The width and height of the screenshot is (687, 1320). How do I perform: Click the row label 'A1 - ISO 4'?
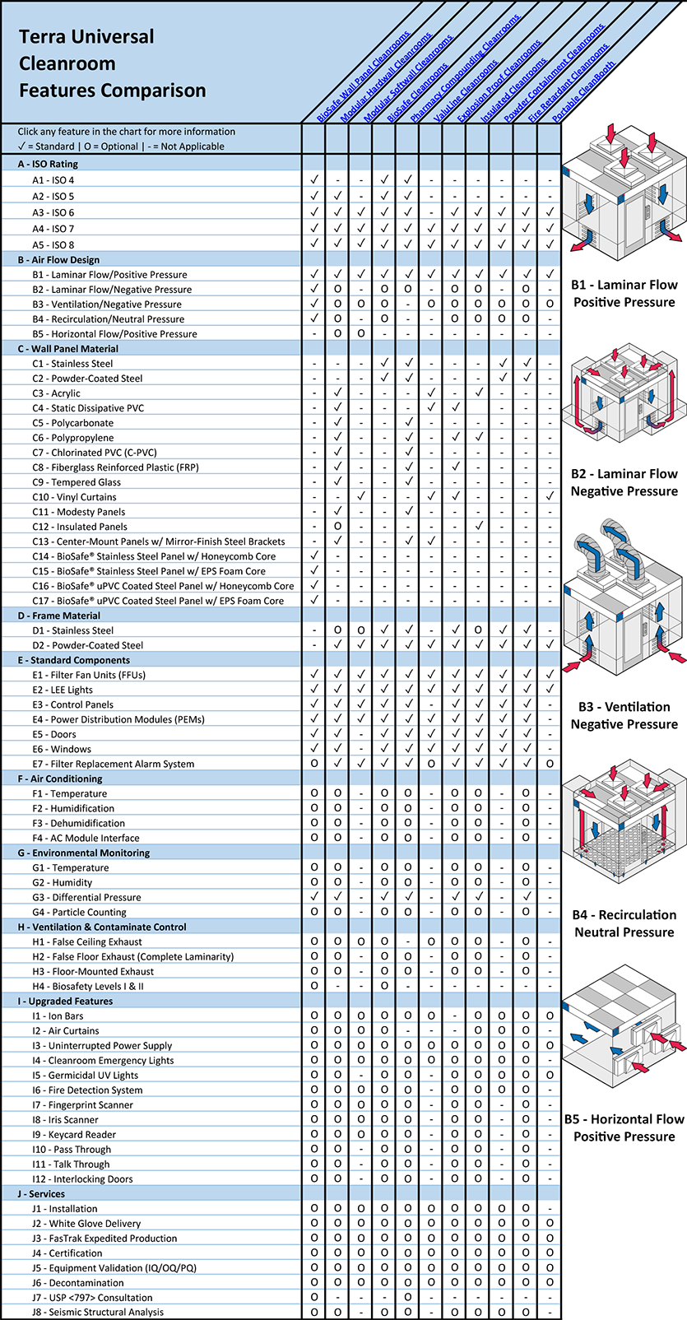point(53,180)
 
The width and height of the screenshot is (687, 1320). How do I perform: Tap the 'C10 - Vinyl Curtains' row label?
point(74,497)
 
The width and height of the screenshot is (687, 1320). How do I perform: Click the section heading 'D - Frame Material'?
point(59,616)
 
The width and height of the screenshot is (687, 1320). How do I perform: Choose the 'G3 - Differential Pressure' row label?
point(86,897)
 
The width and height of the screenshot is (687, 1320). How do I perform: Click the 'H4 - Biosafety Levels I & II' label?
point(88,986)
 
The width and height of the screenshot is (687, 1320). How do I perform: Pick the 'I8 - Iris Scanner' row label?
point(65,1119)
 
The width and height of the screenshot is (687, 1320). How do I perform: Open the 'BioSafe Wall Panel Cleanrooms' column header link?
point(363,78)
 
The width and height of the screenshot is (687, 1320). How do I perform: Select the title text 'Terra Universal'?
point(86,37)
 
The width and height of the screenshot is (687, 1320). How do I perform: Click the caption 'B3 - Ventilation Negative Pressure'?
point(624,715)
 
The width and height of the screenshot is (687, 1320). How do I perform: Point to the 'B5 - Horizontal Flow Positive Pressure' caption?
point(624,1127)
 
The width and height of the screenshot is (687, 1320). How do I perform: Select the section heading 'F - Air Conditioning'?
point(60,779)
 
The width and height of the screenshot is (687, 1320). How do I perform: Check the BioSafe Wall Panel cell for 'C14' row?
point(314,556)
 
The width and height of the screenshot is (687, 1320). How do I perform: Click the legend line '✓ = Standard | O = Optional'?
point(121,146)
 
